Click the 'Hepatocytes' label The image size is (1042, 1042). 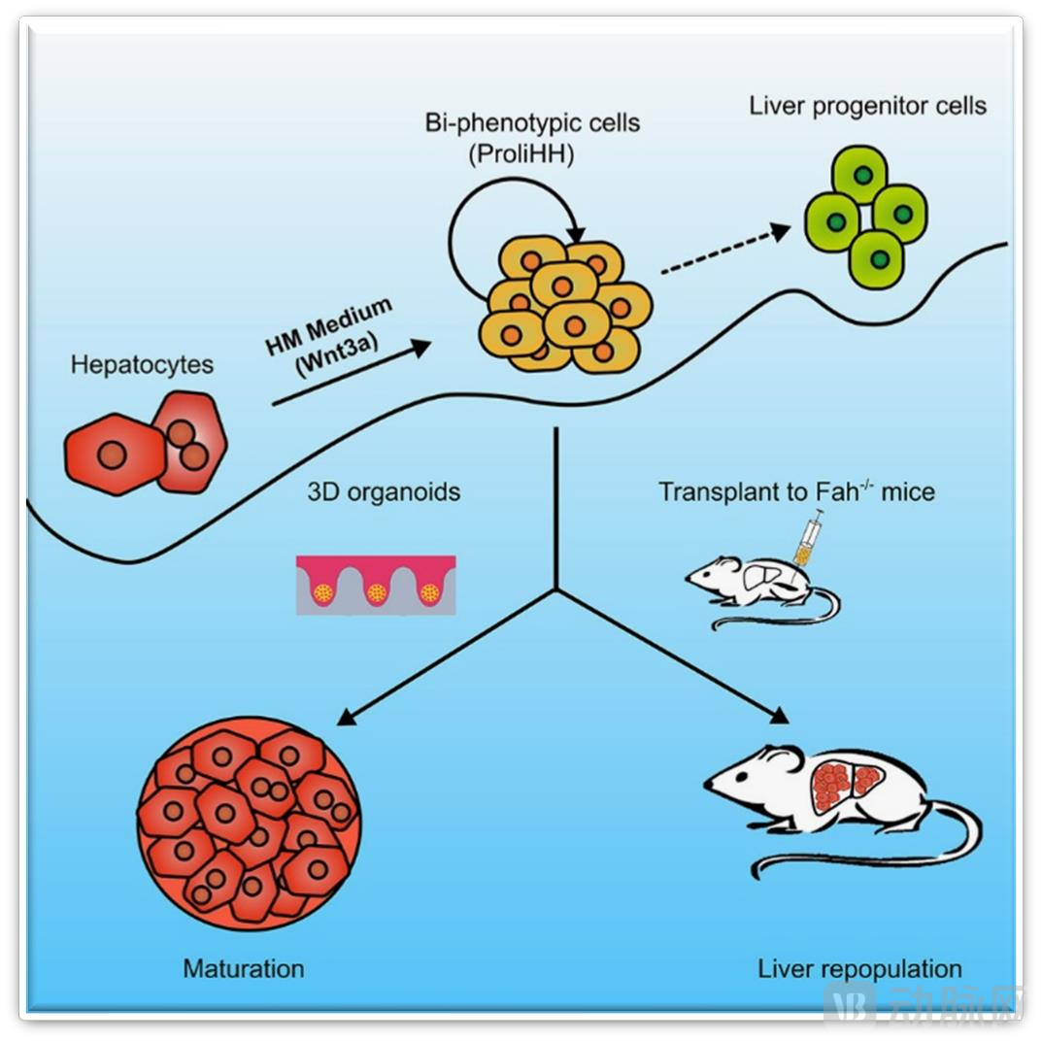[142, 366]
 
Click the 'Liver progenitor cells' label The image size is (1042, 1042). [867, 105]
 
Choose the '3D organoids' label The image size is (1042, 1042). [384, 491]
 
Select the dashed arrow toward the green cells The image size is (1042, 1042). [721, 249]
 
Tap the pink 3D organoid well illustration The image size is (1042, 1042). [375, 586]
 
